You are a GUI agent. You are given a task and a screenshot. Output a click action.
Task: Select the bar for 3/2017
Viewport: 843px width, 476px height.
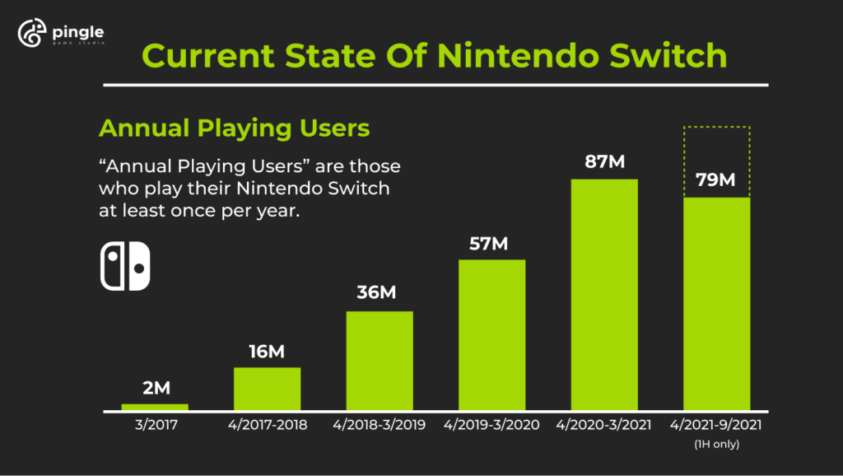(155, 407)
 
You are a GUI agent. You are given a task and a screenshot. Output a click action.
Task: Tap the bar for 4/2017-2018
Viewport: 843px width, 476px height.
(267, 389)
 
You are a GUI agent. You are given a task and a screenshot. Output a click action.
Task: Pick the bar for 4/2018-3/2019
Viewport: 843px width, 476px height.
(380, 361)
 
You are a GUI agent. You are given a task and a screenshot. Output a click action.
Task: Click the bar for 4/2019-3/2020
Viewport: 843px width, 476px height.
(491, 335)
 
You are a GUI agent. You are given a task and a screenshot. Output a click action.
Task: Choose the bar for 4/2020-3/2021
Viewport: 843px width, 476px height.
(604, 294)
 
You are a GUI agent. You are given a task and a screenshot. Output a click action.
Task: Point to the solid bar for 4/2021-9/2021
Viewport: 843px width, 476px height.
(716, 304)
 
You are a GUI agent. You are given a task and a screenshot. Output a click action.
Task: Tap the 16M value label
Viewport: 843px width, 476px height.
(267, 352)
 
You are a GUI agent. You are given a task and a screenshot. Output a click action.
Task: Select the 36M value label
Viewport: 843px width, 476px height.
(380, 294)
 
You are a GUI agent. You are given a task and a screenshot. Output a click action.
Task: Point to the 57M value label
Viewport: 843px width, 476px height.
(491, 244)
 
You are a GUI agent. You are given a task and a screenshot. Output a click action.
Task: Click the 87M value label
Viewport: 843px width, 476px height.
(604, 162)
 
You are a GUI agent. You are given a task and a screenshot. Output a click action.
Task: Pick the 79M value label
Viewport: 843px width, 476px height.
(716, 179)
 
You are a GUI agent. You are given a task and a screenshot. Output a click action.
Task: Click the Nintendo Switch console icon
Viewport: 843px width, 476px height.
(125, 266)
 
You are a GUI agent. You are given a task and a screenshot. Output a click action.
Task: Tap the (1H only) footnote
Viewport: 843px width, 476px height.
(716, 445)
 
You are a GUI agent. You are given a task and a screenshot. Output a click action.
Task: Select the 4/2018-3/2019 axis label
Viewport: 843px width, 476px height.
(380, 426)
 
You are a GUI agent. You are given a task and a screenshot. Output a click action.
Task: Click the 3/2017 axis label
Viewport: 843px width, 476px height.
(155, 426)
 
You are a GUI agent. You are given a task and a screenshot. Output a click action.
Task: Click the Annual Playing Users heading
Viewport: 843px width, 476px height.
(233, 128)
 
